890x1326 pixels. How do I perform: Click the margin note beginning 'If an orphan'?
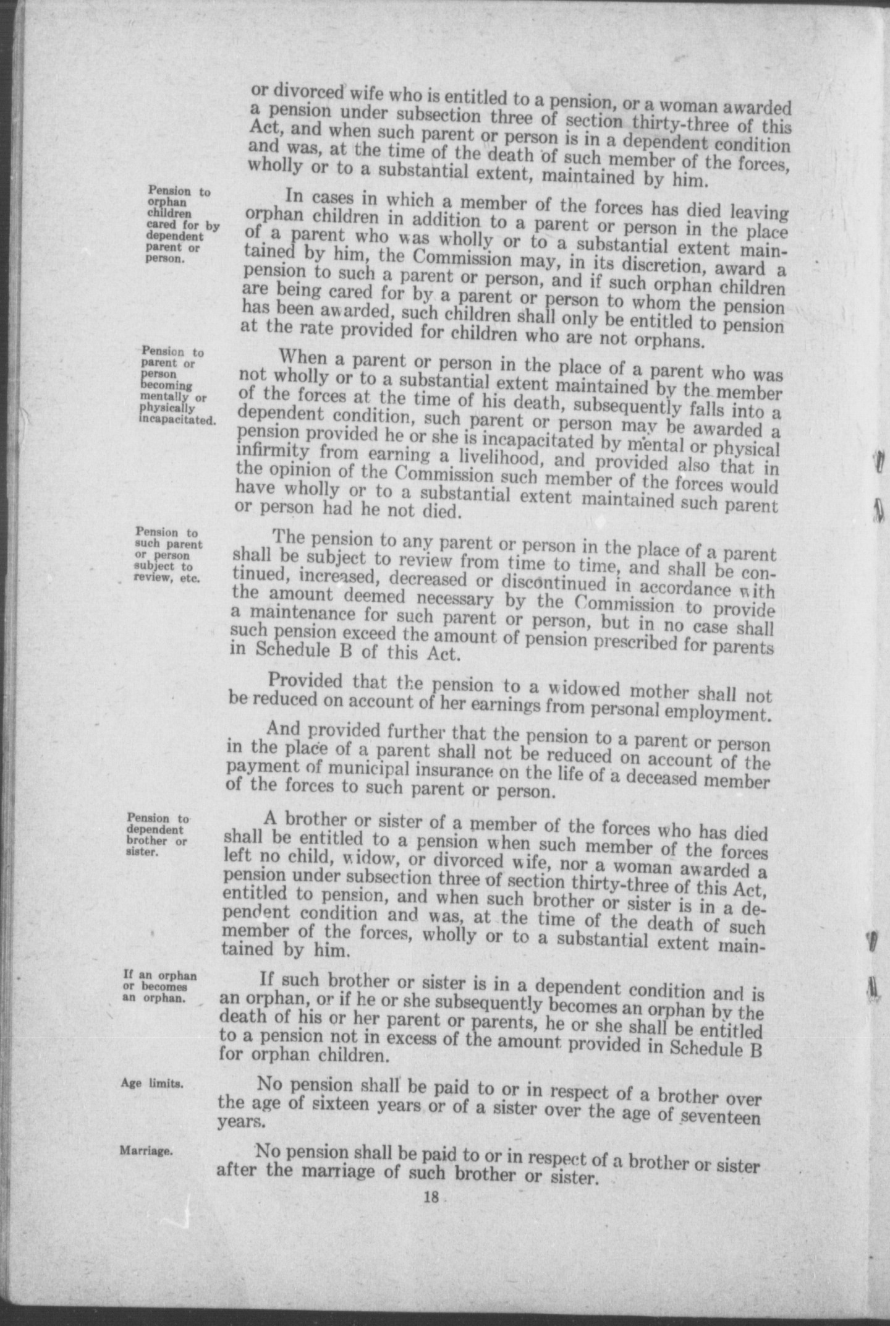(159, 987)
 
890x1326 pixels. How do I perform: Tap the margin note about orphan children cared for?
(182, 225)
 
